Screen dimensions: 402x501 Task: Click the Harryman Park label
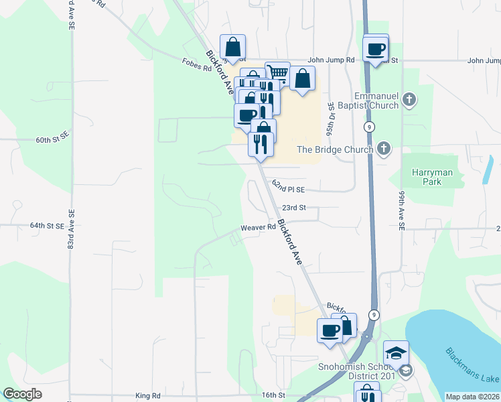coord(431,177)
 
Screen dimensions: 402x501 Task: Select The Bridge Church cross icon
coord(383,149)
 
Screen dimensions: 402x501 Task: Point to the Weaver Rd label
coord(259,228)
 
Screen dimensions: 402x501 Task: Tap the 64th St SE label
coord(47,226)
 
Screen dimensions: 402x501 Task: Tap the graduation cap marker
coord(396,352)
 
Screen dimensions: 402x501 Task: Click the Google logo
coord(23,395)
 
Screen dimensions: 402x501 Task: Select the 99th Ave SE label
coord(402,210)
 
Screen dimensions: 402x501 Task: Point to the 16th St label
coord(274,396)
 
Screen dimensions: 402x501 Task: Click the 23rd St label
coord(293,208)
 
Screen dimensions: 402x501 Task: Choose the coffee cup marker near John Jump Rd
coord(375,48)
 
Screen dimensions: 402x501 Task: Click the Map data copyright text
coord(473,397)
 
